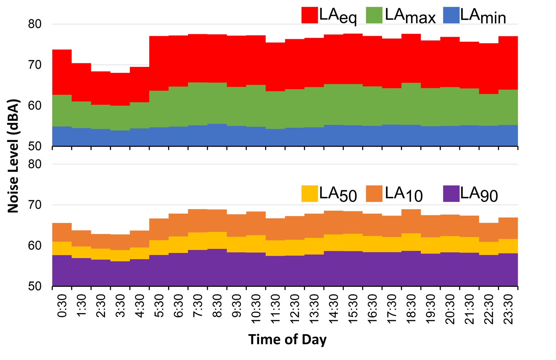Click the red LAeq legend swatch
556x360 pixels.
(309, 15)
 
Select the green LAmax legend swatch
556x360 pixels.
(374, 15)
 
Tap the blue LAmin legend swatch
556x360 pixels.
(451, 15)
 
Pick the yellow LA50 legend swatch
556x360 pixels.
(309, 194)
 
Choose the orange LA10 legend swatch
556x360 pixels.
(374, 194)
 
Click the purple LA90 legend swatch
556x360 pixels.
(451, 194)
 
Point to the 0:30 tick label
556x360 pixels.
(62, 306)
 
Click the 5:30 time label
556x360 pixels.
(159, 306)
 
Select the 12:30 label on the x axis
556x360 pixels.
(295, 309)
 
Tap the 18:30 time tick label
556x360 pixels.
(411, 309)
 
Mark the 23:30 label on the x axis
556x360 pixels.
(508, 309)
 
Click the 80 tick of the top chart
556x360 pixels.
(35, 24)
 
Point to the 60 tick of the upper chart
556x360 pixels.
(35, 106)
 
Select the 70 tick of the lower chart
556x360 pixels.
(35, 205)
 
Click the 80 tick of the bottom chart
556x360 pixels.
(35, 164)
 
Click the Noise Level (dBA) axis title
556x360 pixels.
(13, 156)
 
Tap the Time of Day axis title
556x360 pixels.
(287, 340)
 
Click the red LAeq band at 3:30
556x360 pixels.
(120, 89)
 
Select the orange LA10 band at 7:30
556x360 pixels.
(198, 221)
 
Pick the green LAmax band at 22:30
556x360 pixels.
(489, 110)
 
